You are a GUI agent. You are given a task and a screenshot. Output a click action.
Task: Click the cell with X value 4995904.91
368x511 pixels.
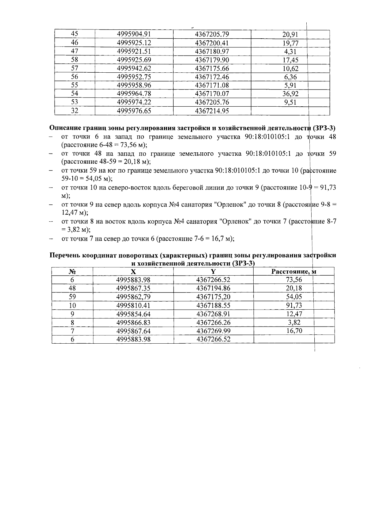[x=134, y=34]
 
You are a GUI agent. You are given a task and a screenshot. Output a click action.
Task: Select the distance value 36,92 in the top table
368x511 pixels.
[x=290, y=94]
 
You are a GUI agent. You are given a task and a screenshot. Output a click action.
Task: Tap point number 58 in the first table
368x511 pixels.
[x=75, y=60]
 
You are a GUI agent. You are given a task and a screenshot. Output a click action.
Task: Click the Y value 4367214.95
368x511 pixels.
[x=212, y=111]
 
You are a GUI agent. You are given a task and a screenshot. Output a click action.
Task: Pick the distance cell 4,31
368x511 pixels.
[x=290, y=51]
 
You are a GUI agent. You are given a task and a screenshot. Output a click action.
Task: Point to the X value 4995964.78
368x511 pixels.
[x=134, y=94]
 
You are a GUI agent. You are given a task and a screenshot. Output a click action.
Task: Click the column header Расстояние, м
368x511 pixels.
[x=293, y=271]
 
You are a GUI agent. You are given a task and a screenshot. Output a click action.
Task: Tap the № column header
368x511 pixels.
[x=72, y=272]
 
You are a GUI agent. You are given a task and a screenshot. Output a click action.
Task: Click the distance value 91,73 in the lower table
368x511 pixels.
[x=293, y=305]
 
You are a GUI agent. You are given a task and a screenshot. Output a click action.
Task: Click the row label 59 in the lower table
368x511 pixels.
[x=72, y=297]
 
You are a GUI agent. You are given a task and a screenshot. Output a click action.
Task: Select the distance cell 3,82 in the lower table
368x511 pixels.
[x=293, y=322]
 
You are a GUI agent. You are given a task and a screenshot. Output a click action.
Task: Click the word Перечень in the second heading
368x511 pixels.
[x=65, y=255]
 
